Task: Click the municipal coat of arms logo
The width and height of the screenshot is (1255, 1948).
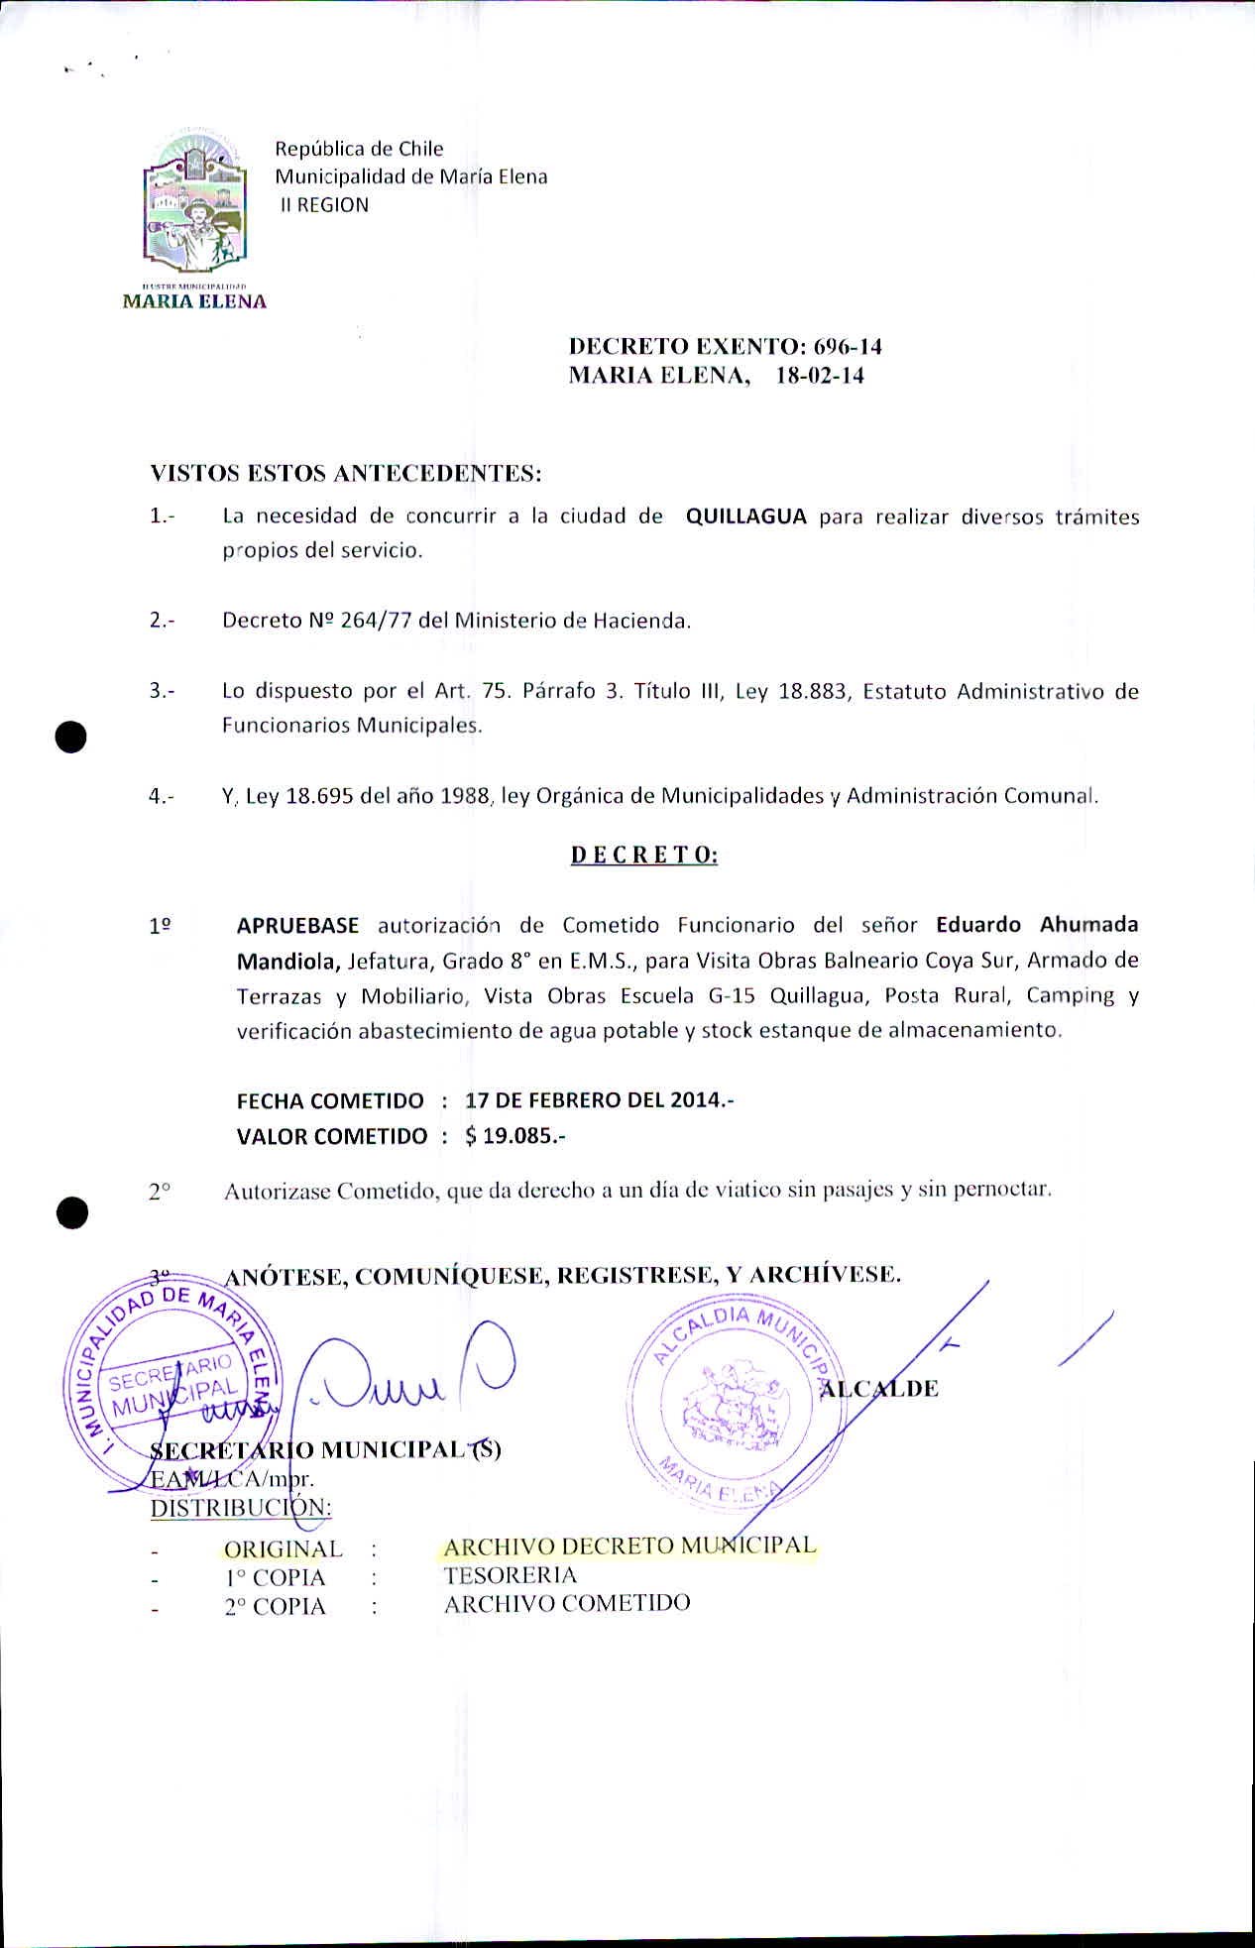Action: point(194,208)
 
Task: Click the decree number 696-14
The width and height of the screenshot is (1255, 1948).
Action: point(848,347)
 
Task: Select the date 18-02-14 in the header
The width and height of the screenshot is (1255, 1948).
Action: point(820,376)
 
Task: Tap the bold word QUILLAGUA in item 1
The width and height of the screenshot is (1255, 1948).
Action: point(745,516)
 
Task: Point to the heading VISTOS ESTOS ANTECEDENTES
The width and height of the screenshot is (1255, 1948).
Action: point(346,474)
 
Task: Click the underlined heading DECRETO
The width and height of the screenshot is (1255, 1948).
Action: point(643,855)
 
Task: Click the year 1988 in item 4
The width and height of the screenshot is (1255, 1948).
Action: point(466,796)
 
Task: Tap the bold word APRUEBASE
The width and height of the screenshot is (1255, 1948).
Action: point(297,926)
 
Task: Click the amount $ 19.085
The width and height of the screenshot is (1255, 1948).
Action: point(514,1136)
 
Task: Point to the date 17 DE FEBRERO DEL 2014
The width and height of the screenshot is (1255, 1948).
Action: point(599,1100)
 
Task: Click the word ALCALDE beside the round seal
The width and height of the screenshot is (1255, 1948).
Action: point(878,1389)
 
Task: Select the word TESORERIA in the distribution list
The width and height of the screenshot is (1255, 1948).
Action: point(510,1575)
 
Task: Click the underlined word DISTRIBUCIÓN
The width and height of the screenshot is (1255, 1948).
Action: point(241,1508)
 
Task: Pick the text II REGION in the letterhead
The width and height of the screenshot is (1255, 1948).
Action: point(324,205)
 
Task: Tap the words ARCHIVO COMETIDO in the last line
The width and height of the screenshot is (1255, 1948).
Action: point(567,1603)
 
